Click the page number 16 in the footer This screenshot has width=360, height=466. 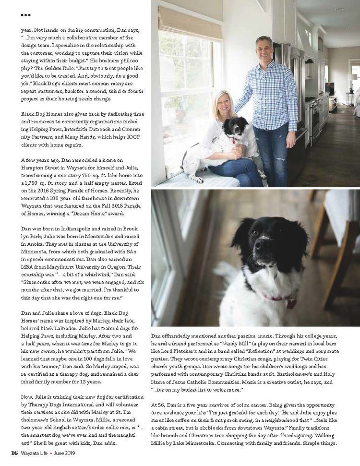pos(14,453)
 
